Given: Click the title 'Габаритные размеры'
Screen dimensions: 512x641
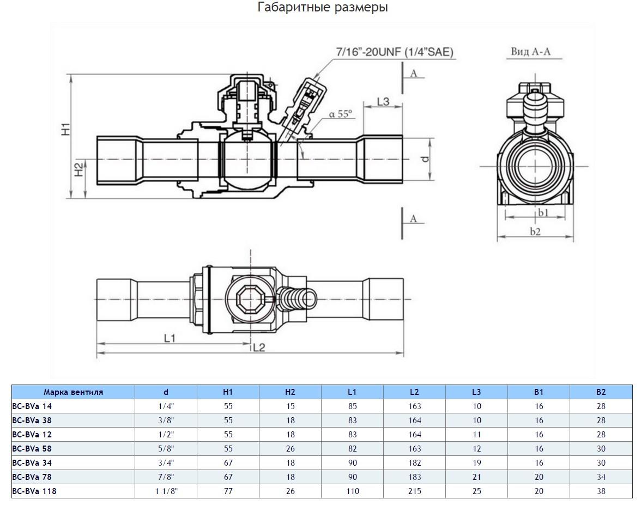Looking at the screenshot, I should coord(323,8).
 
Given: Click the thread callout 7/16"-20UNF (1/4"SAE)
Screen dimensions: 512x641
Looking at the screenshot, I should coord(395,52).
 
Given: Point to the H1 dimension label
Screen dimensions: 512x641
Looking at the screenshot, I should coord(65,129).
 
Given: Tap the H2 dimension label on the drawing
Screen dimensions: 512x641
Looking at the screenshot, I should coord(78,170).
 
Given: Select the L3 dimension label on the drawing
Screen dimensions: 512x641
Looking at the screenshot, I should coord(383,101).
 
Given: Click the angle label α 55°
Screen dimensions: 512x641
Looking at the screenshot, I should coord(341,114).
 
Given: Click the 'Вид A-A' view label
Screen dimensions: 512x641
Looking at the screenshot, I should coord(530,52).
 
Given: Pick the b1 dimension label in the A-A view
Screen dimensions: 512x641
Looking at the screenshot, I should coord(543,212).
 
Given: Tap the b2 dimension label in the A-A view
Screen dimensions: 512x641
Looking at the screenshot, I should coord(536,231).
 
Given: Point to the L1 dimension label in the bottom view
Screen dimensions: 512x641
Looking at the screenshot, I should coord(170,338).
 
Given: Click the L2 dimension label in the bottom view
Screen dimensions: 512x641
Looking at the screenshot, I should coord(259,347).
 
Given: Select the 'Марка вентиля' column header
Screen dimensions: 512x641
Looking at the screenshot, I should coord(73,392).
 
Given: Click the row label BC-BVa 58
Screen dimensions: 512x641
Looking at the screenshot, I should coord(32,449).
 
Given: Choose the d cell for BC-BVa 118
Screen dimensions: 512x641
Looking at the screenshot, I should coord(166,491).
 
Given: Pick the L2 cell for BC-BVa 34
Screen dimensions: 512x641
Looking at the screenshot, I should coord(414,463).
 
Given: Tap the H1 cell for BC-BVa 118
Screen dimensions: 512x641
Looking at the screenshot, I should coord(228,491).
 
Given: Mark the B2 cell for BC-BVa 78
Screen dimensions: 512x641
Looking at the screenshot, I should coord(601,477).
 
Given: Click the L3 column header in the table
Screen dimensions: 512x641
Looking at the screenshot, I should coord(476,392).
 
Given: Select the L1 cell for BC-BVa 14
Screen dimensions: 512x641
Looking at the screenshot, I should coord(352,406).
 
